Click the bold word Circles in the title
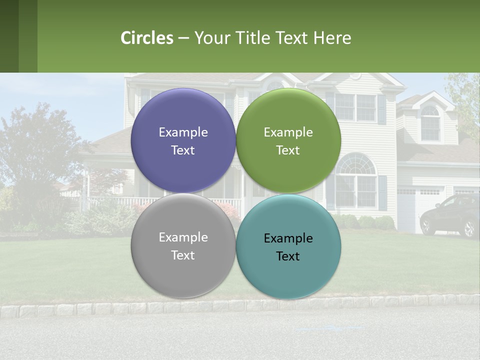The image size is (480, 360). (x=147, y=38)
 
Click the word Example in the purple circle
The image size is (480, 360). (x=183, y=132)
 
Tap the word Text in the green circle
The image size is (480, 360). (x=288, y=150)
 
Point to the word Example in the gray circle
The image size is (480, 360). (x=183, y=237)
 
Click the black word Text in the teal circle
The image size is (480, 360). (x=288, y=256)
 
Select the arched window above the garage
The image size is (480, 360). (x=430, y=123)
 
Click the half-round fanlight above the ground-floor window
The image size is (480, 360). (x=356, y=165)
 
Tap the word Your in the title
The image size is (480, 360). (x=210, y=38)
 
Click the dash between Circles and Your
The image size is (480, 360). (x=183, y=38)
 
